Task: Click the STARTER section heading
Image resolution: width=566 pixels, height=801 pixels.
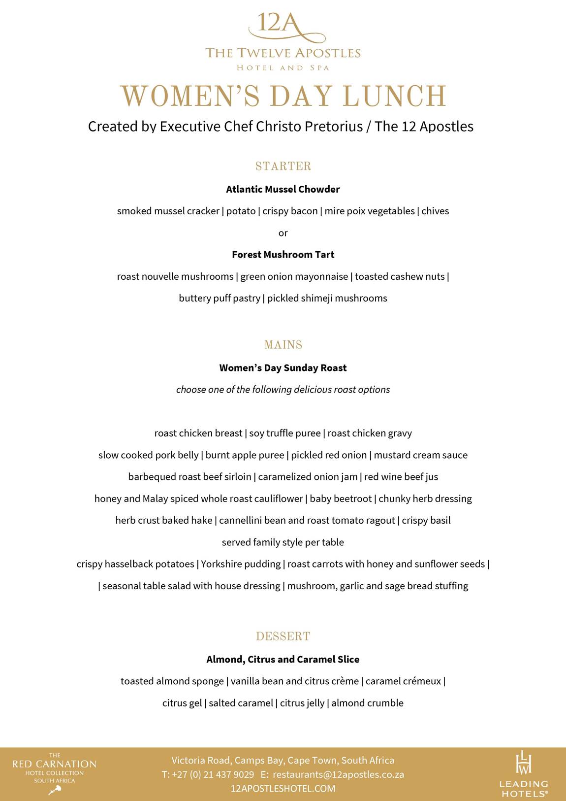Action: coord(283,166)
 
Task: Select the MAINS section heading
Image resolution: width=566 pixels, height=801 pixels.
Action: coord(283,345)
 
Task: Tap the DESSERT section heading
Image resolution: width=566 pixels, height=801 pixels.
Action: coord(283,636)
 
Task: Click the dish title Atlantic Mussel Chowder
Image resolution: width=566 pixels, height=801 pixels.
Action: coord(283,189)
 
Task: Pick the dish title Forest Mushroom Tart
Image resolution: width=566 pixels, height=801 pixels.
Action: coord(283,255)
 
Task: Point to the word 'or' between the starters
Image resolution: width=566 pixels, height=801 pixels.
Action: coord(283,233)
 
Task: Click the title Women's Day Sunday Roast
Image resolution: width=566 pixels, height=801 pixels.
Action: coord(283,368)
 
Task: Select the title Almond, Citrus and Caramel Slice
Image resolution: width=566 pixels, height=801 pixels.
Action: coord(283,660)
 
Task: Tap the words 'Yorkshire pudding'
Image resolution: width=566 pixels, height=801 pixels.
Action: coord(241,564)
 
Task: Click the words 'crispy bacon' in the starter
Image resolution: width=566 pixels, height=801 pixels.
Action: coord(290,211)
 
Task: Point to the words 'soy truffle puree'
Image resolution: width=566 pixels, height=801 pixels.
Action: coord(285,434)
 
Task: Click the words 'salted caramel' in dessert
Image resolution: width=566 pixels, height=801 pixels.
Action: coord(241,703)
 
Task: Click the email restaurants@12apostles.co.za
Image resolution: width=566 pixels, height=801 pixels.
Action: coord(339,774)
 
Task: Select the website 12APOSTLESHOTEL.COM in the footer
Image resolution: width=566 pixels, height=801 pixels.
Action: coord(283,788)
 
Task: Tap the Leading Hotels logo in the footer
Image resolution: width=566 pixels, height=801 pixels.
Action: coord(524,774)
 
